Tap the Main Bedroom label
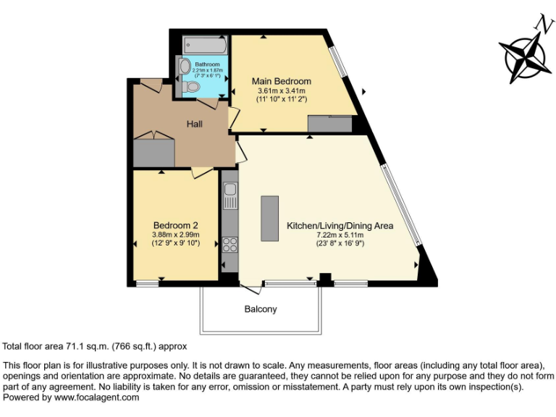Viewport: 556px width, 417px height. (281, 81)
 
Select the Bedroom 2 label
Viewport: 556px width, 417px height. (175, 224)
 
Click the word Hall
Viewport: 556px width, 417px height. (195, 124)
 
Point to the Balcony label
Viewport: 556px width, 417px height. (260, 309)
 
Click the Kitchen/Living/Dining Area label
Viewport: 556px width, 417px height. (340, 226)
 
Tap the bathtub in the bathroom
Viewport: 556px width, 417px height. (204, 46)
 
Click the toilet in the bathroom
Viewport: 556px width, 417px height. (190, 86)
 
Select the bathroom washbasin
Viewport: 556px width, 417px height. (184, 67)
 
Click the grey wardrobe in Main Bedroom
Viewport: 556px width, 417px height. (329, 125)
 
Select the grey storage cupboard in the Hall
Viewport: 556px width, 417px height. (154, 152)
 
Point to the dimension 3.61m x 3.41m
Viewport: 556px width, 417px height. (281, 90)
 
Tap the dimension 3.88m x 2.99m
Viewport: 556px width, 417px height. (175, 234)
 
